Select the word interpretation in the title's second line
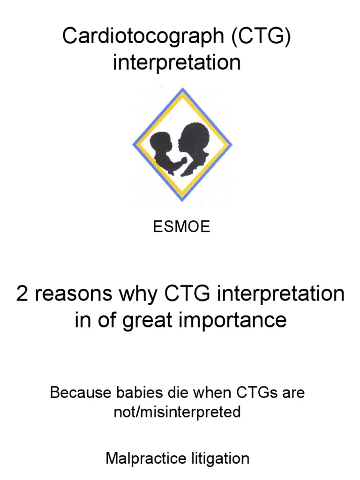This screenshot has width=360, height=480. [177, 62]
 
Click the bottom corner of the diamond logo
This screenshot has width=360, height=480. [182, 201]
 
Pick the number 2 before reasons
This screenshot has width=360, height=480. [22, 294]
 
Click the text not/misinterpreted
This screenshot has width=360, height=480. [177, 412]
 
